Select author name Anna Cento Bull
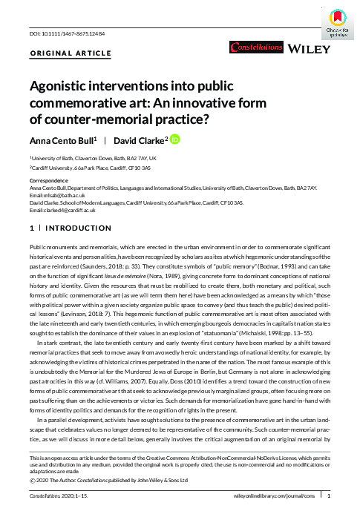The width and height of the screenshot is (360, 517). point(65,141)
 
